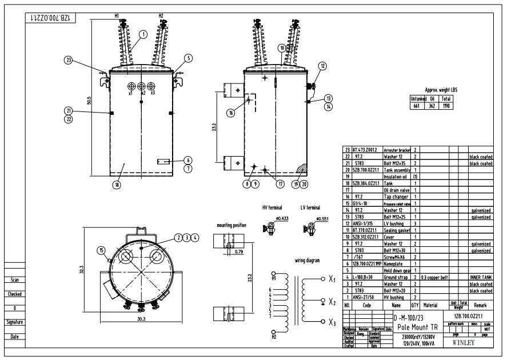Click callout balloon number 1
[142, 34]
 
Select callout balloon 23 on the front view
[69, 59]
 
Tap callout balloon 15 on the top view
[101, 250]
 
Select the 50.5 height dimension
[89, 100]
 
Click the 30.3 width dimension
[141, 336]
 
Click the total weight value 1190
[446, 106]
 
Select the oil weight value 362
[432, 106]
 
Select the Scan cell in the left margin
[16, 280]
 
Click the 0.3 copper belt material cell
[436, 277]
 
